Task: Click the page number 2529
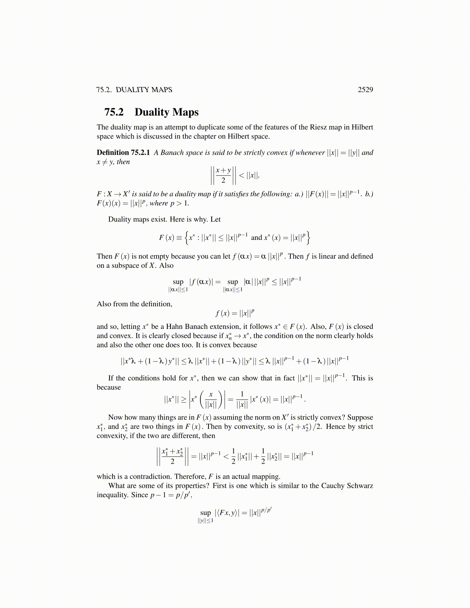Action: point(365,90)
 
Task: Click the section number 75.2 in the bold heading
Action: point(114,112)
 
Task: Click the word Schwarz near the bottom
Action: point(360,486)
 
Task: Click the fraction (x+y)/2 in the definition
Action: point(223,175)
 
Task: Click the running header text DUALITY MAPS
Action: point(144,90)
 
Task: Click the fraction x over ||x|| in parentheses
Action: point(210,400)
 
